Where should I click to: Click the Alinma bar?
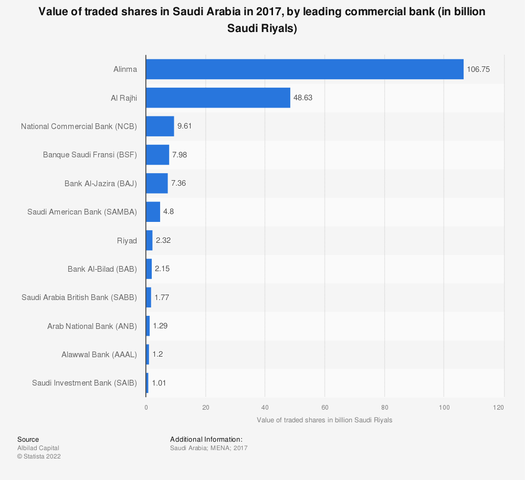(x=304, y=69)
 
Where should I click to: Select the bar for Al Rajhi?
(x=218, y=98)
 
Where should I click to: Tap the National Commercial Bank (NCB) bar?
(x=160, y=126)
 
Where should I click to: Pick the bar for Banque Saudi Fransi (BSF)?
(x=157, y=155)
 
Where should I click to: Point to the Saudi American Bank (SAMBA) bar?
(x=153, y=212)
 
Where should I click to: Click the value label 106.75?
(x=478, y=69)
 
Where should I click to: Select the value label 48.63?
(x=303, y=98)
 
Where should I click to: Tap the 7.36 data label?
(x=178, y=183)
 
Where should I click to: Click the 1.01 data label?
(x=159, y=383)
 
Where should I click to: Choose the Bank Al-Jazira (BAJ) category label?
(x=100, y=183)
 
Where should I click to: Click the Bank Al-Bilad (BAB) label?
(x=102, y=269)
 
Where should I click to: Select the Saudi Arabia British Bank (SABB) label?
(x=79, y=297)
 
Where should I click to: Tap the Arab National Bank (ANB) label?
(x=92, y=326)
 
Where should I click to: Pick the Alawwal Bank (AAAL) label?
(x=99, y=355)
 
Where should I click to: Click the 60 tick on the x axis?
(x=325, y=408)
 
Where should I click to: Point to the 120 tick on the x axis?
(x=499, y=408)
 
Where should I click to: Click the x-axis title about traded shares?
(x=324, y=420)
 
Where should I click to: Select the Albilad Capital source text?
(x=38, y=448)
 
